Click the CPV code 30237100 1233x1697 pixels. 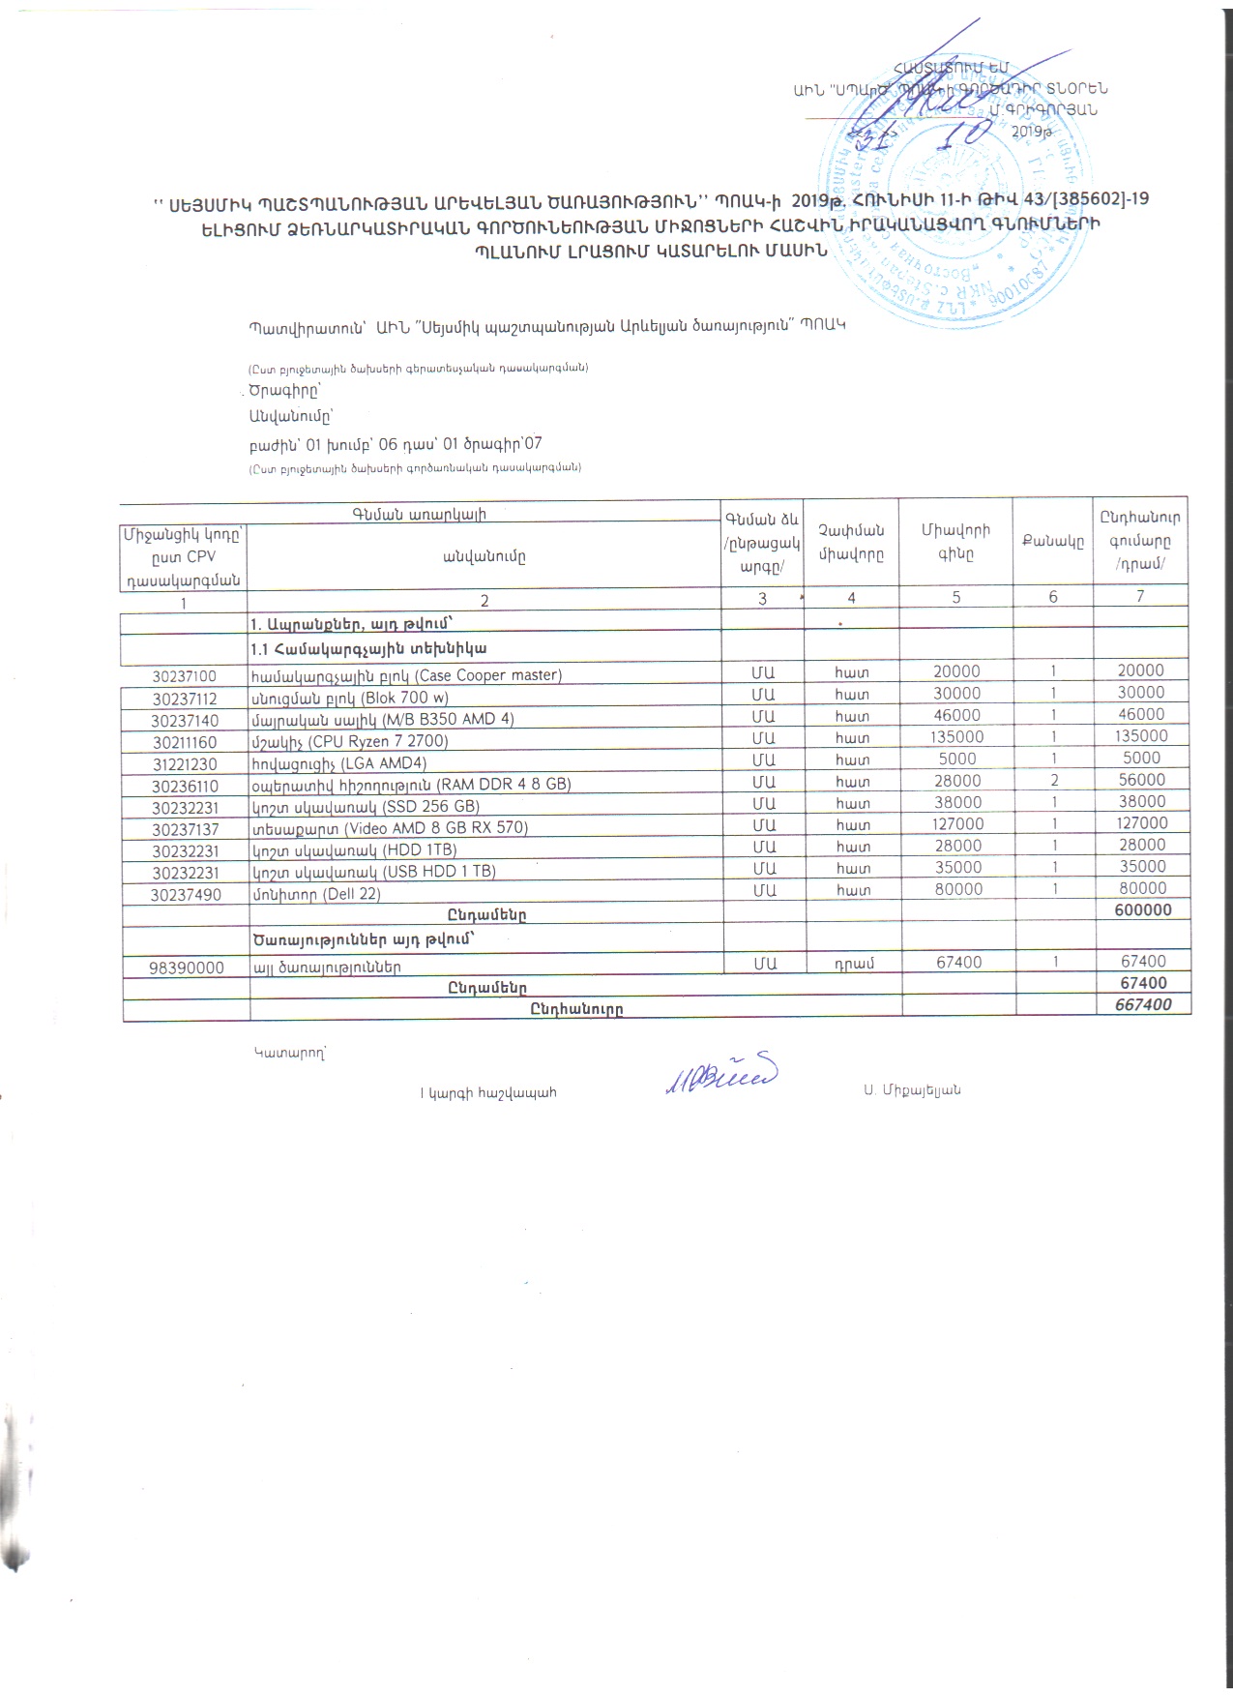click(x=184, y=675)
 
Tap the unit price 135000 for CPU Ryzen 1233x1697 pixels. click(x=956, y=736)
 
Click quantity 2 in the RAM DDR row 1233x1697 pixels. click(x=1054, y=780)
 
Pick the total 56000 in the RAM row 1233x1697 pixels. click(x=1142, y=780)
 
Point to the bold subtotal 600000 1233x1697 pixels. click(x=1142, y=909)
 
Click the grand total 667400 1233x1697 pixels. click(x=1142, y=1004)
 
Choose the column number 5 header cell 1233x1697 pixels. click(x=955, y=597)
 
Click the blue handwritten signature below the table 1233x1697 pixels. click(x=720, y=1075)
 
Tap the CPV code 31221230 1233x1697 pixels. click(x=184, y=764)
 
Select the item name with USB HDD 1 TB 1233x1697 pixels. click(x=373, y=872)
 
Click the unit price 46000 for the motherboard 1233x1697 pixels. click(x=956, y=715)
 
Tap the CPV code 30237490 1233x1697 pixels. click(x=184, y=895)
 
